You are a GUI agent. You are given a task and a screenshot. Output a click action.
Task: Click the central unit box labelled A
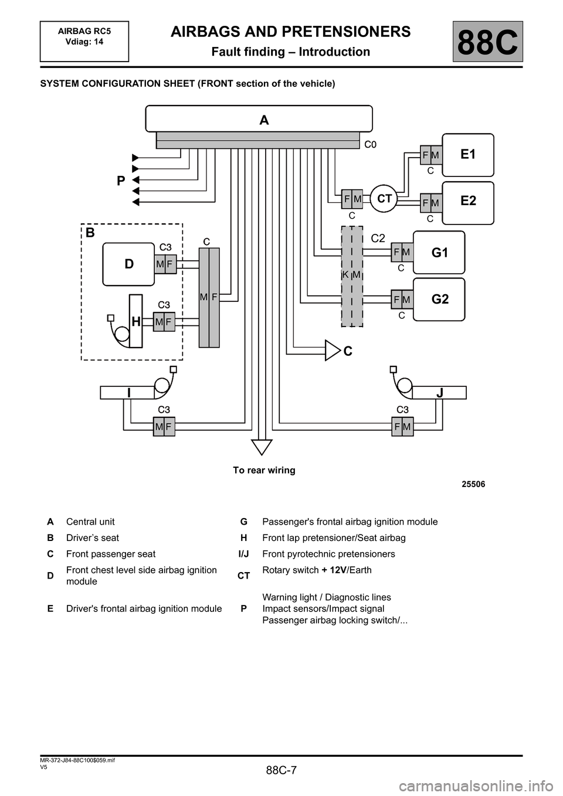click(x=259, y=119)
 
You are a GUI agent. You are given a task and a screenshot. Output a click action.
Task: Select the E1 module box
click(x=467, y=155)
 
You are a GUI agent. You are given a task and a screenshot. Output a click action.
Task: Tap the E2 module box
click(x=467, y=202)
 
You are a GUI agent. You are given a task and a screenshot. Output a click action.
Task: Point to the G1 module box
click(x=439, y=253)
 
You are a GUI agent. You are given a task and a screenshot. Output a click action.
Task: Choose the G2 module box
click(x=439, y=299)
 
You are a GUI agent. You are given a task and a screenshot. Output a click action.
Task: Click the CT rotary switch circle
click(x=384, y=199)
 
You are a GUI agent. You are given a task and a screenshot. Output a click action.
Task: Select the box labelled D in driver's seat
click(x=128, y=264)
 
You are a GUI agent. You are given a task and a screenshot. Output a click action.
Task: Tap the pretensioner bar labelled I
click(x=127, y=393)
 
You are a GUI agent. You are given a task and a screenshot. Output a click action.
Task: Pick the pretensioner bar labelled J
click(x=439, y=393)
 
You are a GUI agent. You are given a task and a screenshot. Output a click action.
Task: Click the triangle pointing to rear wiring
click(x=262, y=447)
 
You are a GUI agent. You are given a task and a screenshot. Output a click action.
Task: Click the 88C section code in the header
click(x=487, y=42)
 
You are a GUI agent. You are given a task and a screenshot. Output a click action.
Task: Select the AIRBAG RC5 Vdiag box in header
click(x=84, y=41)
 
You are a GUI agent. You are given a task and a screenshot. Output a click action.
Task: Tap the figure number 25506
click(x=473, y=484)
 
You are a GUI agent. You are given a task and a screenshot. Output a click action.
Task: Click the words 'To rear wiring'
click(x=264, y=470)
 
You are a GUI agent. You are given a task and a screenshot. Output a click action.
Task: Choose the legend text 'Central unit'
click(x=90, y=522)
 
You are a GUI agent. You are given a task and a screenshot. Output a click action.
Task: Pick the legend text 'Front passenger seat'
click(x=111, y=554)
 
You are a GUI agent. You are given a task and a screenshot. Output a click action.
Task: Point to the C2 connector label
click(x=378, y=237)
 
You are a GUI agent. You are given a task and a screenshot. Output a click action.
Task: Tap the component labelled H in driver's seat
click(x=135, y=321)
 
